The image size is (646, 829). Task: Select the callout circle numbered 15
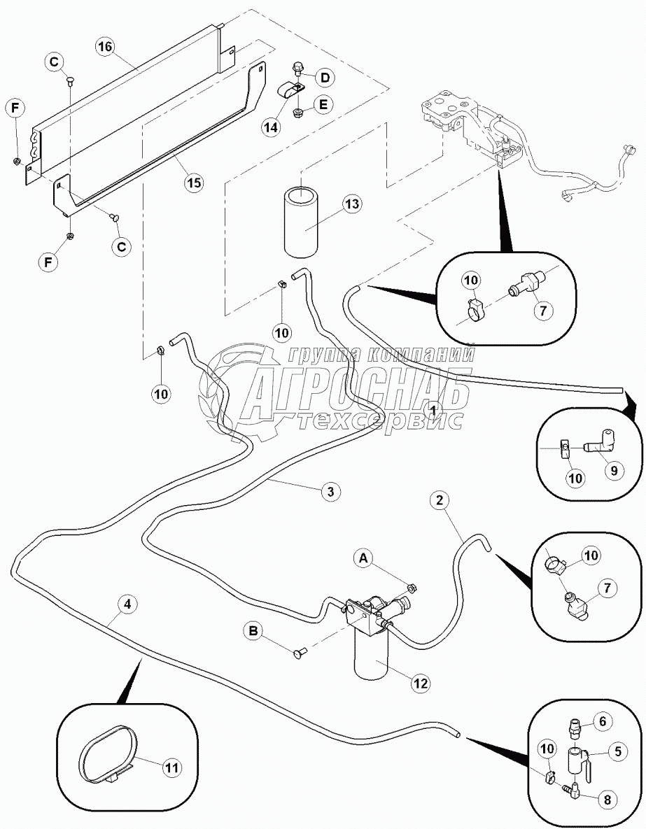click(x=193, y=183)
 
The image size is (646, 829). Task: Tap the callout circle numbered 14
click(x=271, y=127)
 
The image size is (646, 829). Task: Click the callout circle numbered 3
click(x=332, y=492)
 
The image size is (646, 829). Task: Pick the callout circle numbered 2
click(x=439, y=500)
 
